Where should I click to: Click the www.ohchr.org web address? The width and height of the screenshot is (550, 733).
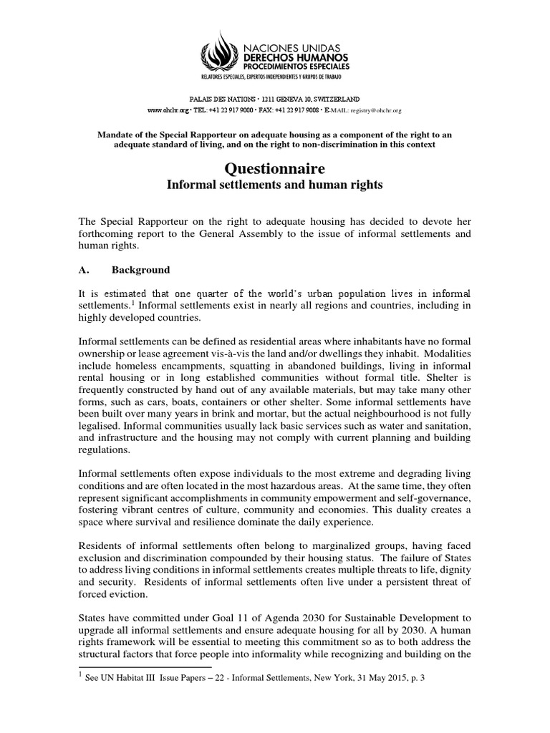(168, 111)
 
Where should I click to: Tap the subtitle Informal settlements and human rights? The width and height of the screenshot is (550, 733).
(275, 185)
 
